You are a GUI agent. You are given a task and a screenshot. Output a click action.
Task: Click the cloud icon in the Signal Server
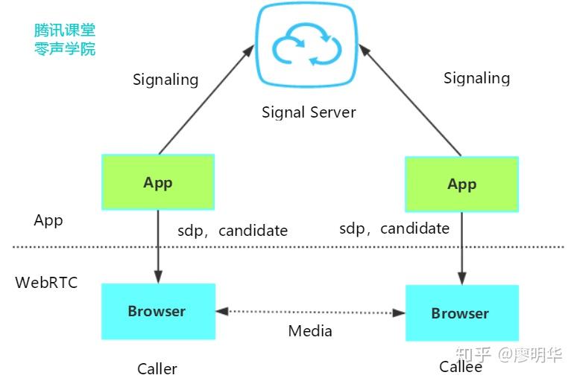306,45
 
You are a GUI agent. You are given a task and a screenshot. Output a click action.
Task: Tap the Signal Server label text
309,112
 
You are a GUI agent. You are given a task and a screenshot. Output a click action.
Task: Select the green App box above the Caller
158,182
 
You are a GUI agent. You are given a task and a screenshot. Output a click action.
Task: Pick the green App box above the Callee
461,185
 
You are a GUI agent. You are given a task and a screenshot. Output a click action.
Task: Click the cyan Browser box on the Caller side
158,312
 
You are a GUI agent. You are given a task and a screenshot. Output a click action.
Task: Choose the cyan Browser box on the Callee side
462,313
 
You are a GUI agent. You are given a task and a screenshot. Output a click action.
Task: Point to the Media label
310,331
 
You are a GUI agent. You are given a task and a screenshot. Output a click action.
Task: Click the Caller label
157,369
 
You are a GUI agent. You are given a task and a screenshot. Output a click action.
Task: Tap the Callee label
461,367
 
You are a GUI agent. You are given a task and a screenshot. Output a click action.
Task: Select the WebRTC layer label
46,283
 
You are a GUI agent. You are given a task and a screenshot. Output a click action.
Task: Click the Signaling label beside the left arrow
165,80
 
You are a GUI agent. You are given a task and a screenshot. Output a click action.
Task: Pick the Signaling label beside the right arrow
477,78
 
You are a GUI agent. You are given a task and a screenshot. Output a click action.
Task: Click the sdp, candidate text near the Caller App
233,231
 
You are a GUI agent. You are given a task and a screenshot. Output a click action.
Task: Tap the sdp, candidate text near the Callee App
394,228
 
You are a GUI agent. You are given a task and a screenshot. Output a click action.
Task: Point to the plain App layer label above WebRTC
48,221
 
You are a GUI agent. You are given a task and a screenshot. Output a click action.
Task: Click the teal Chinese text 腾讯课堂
65,30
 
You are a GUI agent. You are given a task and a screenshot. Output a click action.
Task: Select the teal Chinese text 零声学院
65,49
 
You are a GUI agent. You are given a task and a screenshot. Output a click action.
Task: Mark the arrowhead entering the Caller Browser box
158,277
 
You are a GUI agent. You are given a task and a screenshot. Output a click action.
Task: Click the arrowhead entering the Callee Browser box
462,278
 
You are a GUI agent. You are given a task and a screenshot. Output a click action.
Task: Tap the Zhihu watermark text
509,354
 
